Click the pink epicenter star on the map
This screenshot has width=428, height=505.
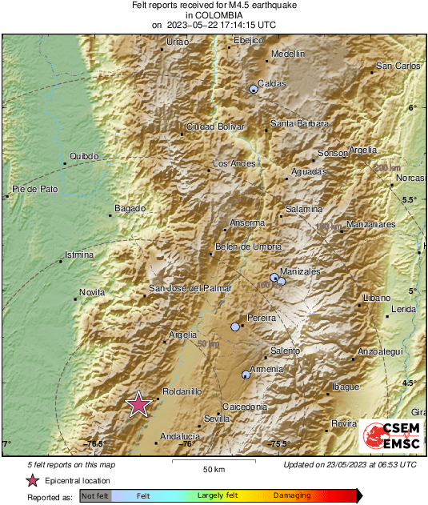[x=139, y=404]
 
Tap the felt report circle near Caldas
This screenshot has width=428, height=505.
[x=254, y=89]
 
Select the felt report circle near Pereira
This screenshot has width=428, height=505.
[x=235, y=327]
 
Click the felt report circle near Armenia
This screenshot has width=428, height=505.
[x=246, y=375]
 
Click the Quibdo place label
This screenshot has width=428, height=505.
[x=84, y=156]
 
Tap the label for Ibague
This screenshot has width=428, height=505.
[x=346, y=387]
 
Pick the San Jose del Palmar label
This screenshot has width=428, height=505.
[x=190, y=288]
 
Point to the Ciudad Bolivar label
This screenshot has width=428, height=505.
[x=215, y=126]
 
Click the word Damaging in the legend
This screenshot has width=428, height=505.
[x=292, y=496]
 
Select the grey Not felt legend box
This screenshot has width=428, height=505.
[x=95, y=496]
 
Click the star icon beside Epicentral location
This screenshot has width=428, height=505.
[x=32, y=480]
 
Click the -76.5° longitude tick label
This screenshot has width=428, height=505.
[x=96, y=444]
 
